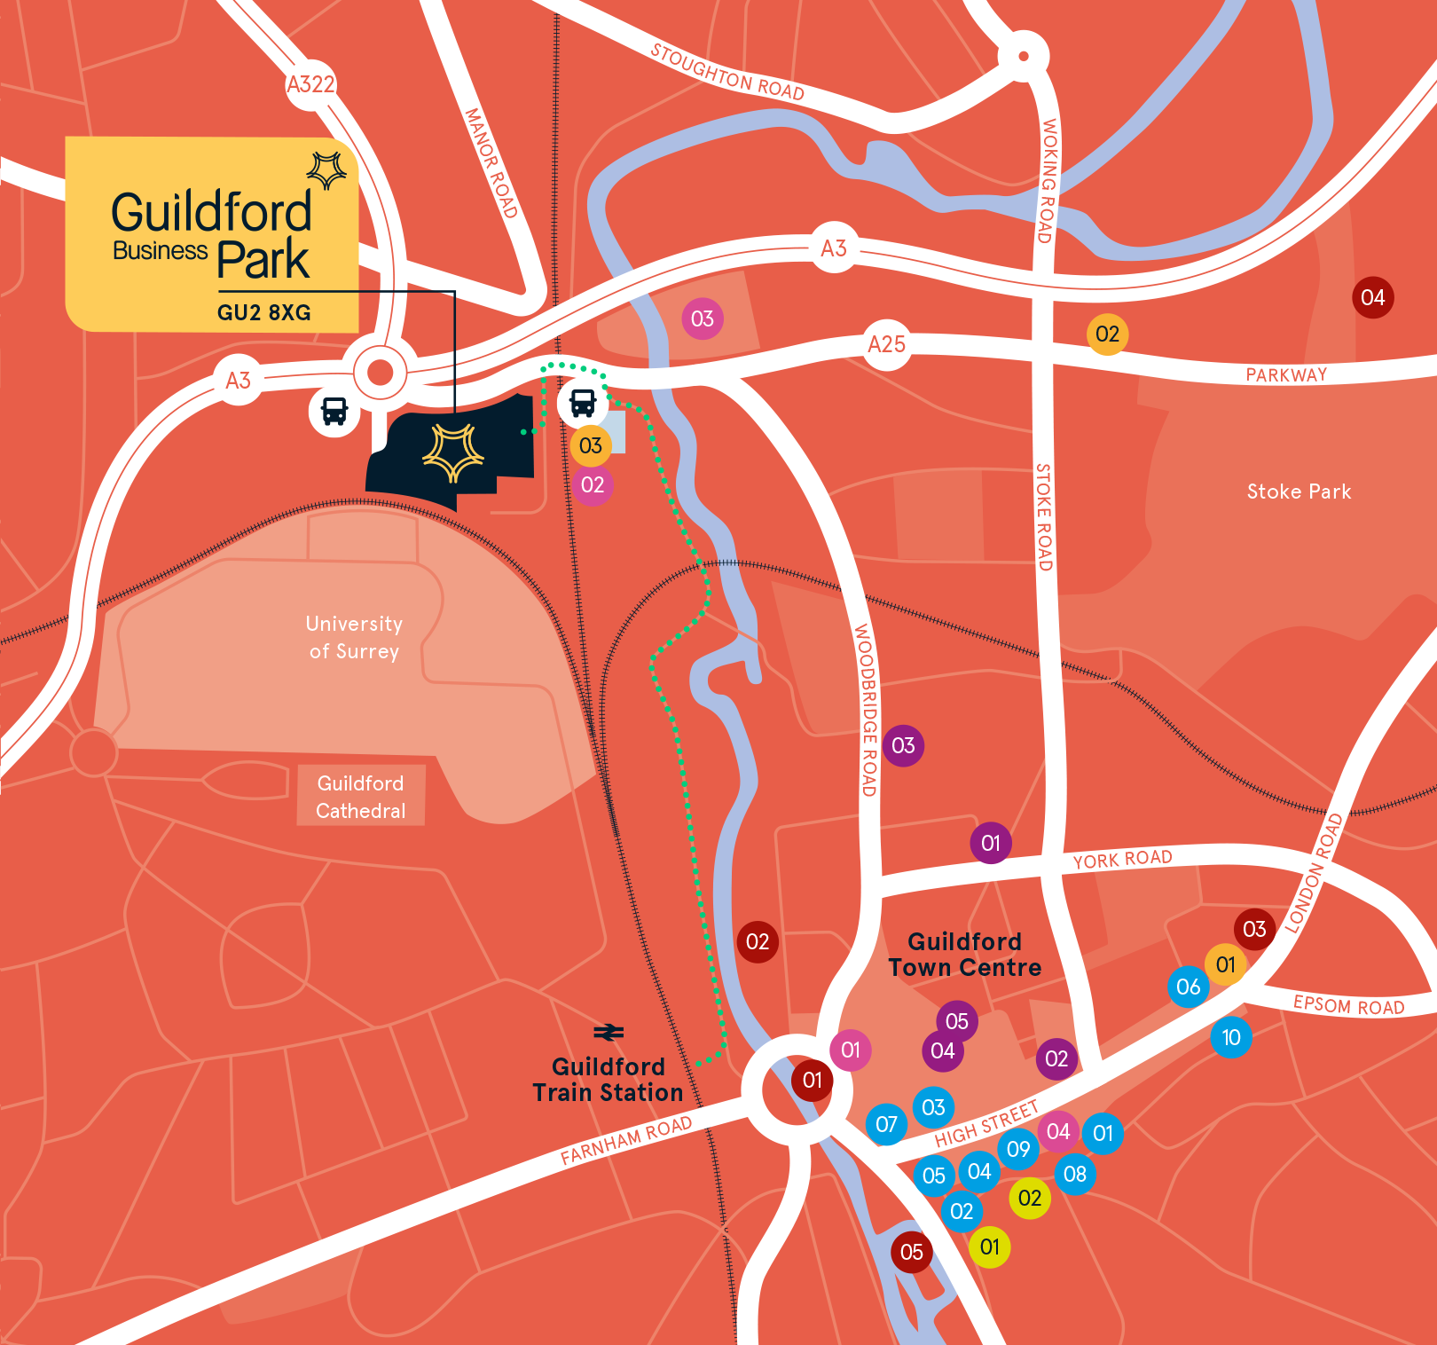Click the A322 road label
pos(310,84)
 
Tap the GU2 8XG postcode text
pos(264,312)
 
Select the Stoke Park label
pos(1299,492)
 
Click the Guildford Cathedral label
pos(360,797)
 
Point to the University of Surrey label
pos(354,637)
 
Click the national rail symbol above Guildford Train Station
pos(609,1033)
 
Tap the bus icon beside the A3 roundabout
pos(334,411)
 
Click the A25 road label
pos(886,344)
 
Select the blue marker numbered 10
pos(1231,1037)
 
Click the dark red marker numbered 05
pos(912,1252)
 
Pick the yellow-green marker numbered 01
pos(990,1247)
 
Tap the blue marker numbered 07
pos(886,1124)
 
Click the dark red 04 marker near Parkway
pos(1372,297)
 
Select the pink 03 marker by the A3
pos(703,319)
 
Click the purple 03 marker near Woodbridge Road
pos(903,745)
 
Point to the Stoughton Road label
pos(727,72)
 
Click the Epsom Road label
pos(1348,1005)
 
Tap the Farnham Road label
pos(625,1140)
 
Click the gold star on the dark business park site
pos(453,452)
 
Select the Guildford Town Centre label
pos(965,955)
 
